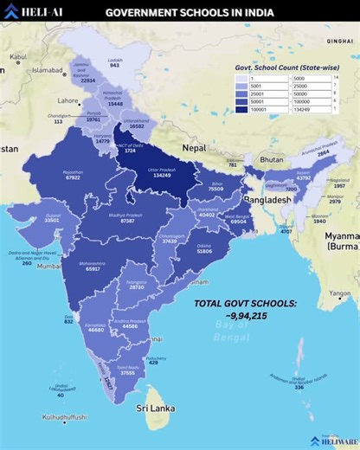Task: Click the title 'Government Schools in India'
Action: (190, 13)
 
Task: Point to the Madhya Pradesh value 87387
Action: (127, 222)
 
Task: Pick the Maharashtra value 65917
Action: (93, 269)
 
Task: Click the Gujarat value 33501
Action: (52, 221)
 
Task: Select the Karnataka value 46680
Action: (96, 330)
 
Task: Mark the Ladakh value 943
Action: (114, 65)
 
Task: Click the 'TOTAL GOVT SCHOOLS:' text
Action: (245, 304)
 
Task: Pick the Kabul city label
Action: (18, 56)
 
